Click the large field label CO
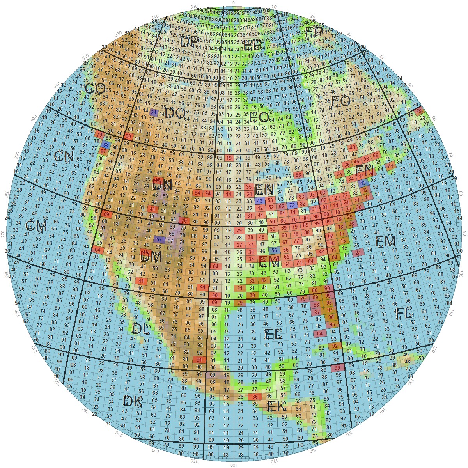(x=95, y=89)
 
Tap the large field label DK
(x=133, y=401)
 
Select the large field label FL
(x=404, y=313)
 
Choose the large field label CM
(x=36, y=226)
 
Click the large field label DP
(x=189, y=41)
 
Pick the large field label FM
(x=385, y=241)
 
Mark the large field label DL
(x=141, y=329)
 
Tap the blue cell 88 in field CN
(x=106, y=145)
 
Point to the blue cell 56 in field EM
(x=274, y=250)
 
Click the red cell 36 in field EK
(x=255, y=397)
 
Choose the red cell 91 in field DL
(x=200, y=360)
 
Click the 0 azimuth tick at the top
(x=234, y=3)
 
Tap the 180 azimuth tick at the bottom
(x=233, y=465)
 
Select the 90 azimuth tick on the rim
(x=464, y=233)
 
